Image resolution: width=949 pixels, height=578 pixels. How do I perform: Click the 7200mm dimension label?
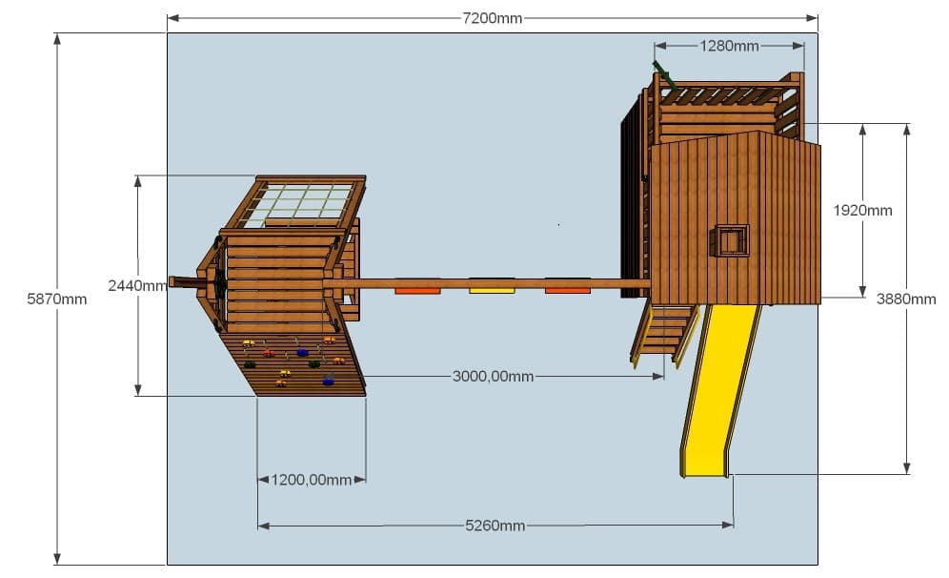tap(492, 18)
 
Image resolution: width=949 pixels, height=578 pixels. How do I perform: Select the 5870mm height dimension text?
tap(57, 299)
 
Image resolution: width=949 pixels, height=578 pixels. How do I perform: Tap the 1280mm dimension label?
tap(729, 46)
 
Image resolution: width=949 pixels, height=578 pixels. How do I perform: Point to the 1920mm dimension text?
tap(862, 210)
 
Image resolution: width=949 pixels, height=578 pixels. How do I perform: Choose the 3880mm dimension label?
tap(906, 299)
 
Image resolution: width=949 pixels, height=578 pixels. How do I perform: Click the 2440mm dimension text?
tap(137, 285)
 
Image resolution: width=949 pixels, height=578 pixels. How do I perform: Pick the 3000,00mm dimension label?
tap(494, 376)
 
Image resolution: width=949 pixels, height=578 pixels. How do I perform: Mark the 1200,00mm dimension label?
tap(311, 480)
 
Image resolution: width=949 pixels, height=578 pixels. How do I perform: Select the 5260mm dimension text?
tap(495, 526)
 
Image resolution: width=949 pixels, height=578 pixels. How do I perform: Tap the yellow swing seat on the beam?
tap(492, 290)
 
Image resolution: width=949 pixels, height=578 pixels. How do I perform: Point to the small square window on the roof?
tap(729, 240)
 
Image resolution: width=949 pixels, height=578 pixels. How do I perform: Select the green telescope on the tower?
tap(664, 75)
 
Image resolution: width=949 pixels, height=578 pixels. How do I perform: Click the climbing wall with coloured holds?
tap(293, 363)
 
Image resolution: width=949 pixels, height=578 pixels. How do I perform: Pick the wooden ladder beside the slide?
tap(663, 335)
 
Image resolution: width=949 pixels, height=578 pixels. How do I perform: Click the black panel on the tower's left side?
tap(631, 200)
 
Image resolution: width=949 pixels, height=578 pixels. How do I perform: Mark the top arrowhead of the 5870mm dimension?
tap(57, 39)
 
